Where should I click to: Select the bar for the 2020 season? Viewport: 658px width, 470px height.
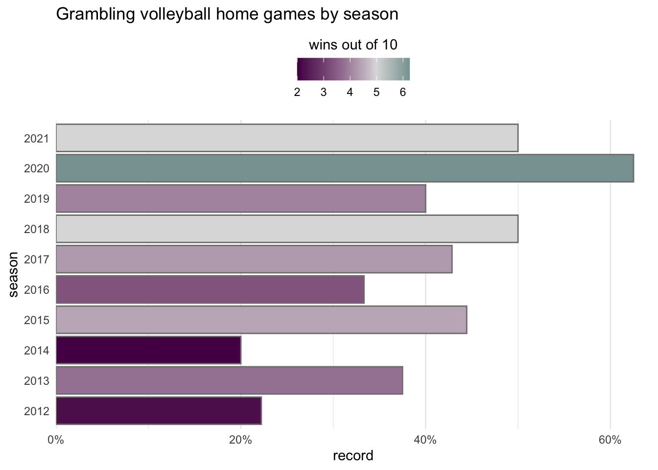point(345,168)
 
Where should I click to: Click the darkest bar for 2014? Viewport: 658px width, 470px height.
point(148,350)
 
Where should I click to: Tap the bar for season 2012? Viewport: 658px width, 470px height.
point(159,410)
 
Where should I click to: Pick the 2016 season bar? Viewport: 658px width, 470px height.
point(210,289)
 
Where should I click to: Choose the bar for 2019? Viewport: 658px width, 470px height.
point(241,199)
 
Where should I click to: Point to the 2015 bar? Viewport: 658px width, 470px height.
point(261,320)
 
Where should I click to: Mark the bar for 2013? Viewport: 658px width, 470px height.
point(229,380)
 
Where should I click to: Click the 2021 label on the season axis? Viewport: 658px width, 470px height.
point(37,139)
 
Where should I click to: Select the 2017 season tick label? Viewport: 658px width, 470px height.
point(37,259)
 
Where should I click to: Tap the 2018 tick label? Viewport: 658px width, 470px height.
point(37,229)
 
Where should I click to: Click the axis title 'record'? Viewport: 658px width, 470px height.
point(353,456)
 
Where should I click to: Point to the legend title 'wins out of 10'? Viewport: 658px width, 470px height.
point(353,46)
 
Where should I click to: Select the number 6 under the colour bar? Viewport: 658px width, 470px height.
point(402,93)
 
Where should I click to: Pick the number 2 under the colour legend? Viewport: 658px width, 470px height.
point(297,93)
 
